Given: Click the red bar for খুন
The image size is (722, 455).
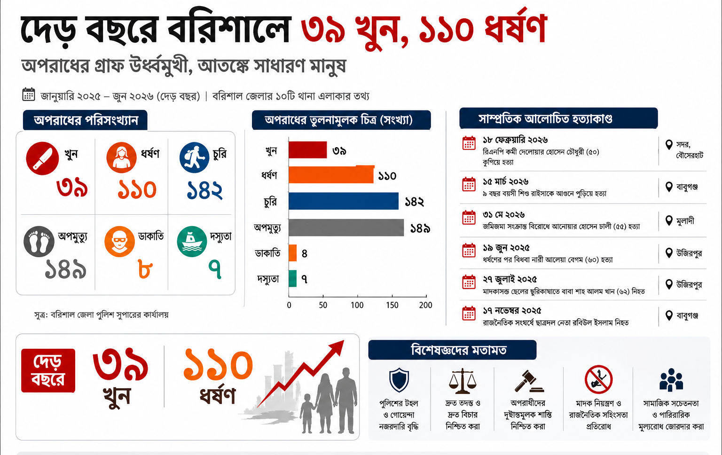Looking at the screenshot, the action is pyautogui.click(x=307, y=150).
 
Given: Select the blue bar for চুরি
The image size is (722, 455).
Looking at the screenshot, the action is pyautogui.click(x=343, y=201).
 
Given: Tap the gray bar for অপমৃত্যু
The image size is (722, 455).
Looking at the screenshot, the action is pyautogui.click(x=346, y=227).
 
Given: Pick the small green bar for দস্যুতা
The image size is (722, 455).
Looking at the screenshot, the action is pyautogui.click(x=292, y=278).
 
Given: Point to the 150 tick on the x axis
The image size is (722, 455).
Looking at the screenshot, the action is pyautogui.click(x=392, y=305).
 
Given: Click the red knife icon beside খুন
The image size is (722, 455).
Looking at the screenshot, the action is pyautogui.click(x=42, y=158).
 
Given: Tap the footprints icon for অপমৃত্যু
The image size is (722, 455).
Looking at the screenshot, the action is pyautogui.click(x=39, y=241).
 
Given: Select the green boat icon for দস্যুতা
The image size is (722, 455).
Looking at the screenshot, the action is pyautogui.click(x=192, y=241).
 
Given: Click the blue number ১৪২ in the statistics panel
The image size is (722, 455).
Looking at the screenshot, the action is pyautogui.click(x=204, y=190).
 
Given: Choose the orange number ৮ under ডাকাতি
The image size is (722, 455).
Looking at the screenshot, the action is pyautogui.click(x=145, y=269).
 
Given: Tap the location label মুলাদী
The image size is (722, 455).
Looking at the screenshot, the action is pyautogui.click(x=685, y=221).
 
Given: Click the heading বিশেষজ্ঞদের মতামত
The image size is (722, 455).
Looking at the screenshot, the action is pyautogui.click(x=459, y=350).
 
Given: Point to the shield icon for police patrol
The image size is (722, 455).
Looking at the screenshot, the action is pyautogui.click(x=399, y=380).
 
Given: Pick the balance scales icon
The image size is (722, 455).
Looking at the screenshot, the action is pyautogui.click(x=463, y=381).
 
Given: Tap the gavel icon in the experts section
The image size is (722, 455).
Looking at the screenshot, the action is pyautogui.click(x=529, y=381).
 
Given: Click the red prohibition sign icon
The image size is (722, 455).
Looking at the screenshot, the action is pyautogui.click(x=598, y=379).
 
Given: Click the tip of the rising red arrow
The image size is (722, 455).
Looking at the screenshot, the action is pyautogui.click(x=344, y=340).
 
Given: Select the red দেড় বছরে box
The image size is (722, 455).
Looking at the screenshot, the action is pyautogui.click(x=48, y=370).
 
